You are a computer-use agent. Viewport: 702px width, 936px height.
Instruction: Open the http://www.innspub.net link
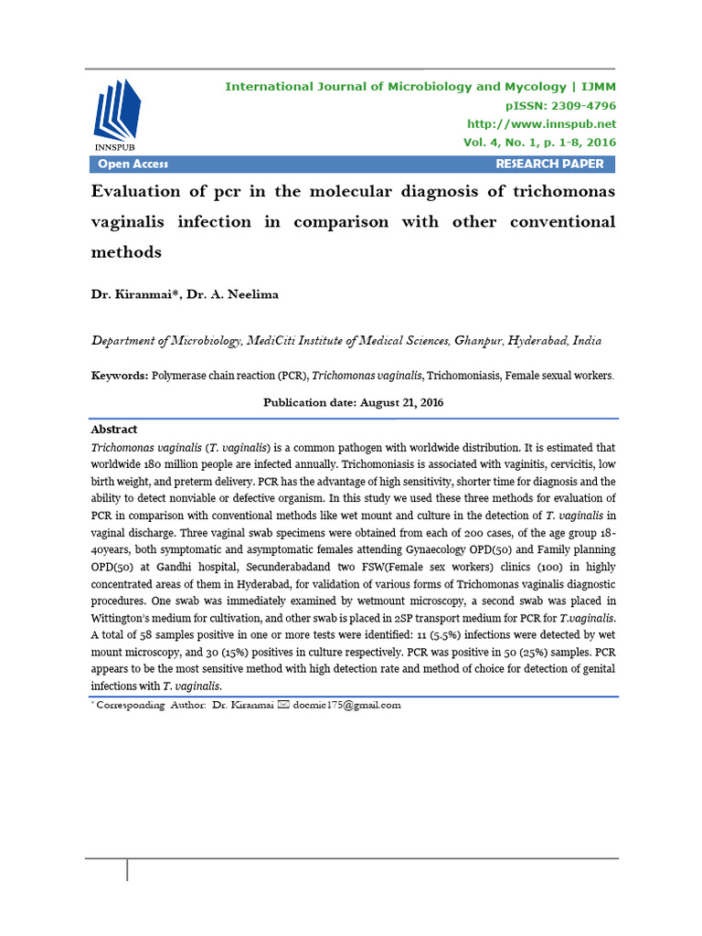point(541,123)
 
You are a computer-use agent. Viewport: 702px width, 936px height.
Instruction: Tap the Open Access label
point(133,164)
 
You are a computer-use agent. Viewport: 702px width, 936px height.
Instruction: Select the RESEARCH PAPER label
point(549,164)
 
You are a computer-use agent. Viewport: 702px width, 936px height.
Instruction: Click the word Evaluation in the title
point(139,192)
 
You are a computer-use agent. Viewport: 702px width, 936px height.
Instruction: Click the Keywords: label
point(119,376)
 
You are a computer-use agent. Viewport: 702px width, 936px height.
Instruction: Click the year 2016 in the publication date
point(427,402)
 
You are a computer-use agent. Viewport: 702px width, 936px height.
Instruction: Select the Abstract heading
point(114,429)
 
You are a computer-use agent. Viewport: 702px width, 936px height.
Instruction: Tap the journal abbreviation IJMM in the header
point(598,87)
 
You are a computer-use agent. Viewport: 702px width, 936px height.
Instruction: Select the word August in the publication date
point(380,402)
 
